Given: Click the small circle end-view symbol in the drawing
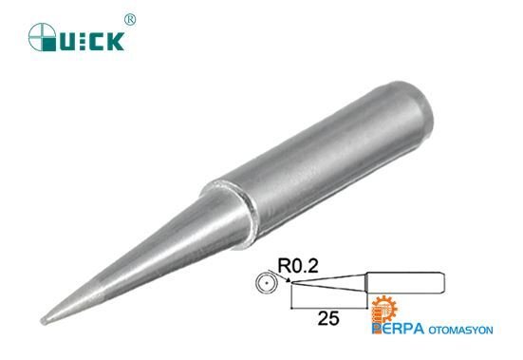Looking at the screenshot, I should (x=267, y=284).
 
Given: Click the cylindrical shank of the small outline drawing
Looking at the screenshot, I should (x=403, y=284).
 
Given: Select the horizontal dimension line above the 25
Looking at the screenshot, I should (x=328, y=307).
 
